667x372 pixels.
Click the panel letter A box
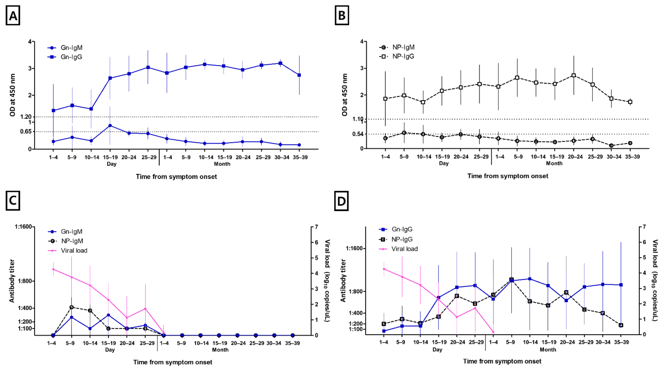point(13,16)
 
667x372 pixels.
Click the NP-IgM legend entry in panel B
point(403,47)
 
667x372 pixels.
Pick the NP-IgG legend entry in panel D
point(402,239)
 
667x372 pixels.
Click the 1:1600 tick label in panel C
point(23,227)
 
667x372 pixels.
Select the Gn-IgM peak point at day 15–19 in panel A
point(110,126)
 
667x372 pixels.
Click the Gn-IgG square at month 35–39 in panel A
point(299,75)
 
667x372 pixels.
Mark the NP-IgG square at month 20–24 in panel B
point(574,75)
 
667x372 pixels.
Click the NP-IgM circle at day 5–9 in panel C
point(71,307)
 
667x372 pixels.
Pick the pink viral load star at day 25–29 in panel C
point(145,309)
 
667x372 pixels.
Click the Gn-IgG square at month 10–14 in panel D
point(530,279)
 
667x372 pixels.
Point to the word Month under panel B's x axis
point(554,163)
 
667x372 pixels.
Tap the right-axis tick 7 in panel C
point(316,227)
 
